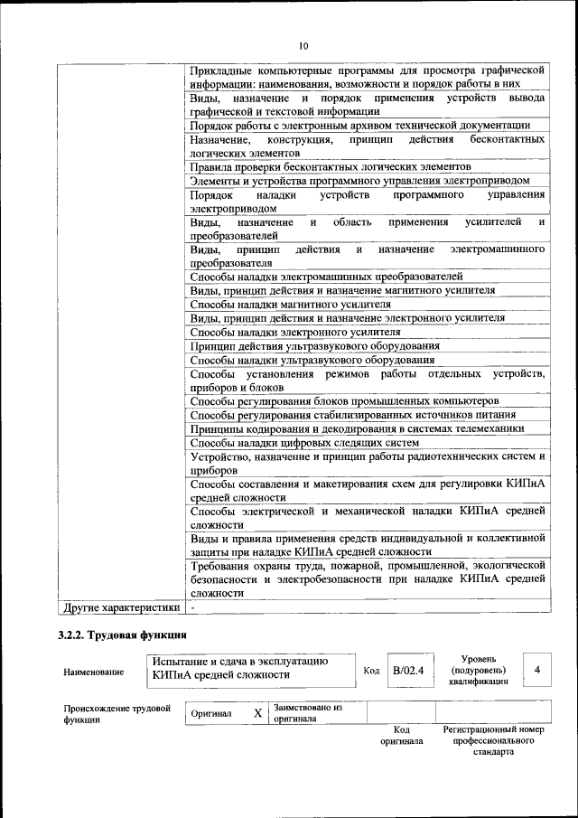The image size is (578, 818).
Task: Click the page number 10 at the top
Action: click(303, 45)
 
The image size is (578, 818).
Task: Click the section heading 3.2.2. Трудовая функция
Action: click(122, 635)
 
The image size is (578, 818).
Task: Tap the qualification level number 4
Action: click(537, 670)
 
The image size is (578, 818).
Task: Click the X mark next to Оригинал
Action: click(257, 713)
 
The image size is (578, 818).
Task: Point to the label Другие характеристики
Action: click(118, 608)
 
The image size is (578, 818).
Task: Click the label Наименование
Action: click(95, 672)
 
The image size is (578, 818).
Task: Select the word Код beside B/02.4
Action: click(371, 671)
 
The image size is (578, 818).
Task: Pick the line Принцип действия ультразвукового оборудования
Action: click(315, 345)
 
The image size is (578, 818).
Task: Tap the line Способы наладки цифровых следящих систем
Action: click(304, 442)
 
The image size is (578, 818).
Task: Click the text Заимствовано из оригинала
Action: click(306, 713)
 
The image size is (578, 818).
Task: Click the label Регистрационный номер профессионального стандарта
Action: click(492, 739)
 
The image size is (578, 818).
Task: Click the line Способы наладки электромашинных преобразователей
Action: click(326, 277)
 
